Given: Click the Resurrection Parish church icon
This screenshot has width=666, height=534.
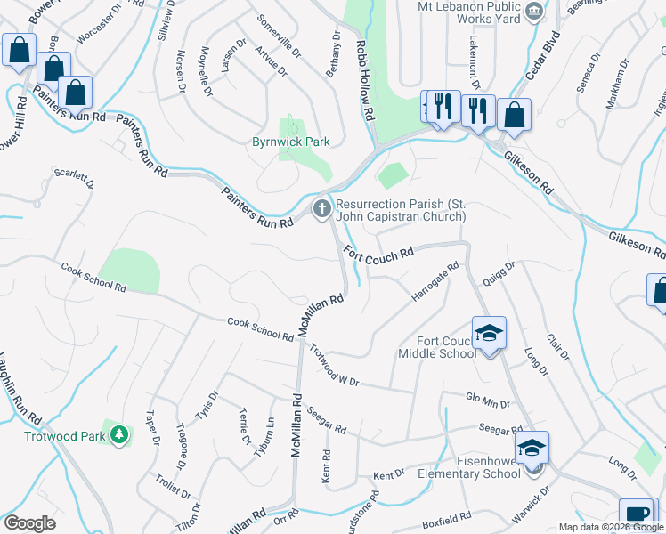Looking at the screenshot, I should point(321,209).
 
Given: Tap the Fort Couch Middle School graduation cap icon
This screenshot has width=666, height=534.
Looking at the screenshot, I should point(488,334).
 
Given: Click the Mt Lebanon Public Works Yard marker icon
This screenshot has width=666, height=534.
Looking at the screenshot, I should point(534,11).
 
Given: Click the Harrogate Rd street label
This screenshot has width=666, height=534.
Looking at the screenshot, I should point(435,280).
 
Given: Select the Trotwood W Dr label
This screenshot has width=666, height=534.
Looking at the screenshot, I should point(334,365).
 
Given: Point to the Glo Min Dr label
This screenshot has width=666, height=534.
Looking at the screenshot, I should point(488,401).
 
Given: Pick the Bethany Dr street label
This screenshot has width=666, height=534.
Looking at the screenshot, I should point(334,54).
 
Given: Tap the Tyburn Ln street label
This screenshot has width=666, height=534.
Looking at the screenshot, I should point(263,436).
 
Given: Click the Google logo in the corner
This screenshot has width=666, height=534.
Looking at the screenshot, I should point(29,522).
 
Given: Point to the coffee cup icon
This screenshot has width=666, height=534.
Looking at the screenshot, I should point(638,514).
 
